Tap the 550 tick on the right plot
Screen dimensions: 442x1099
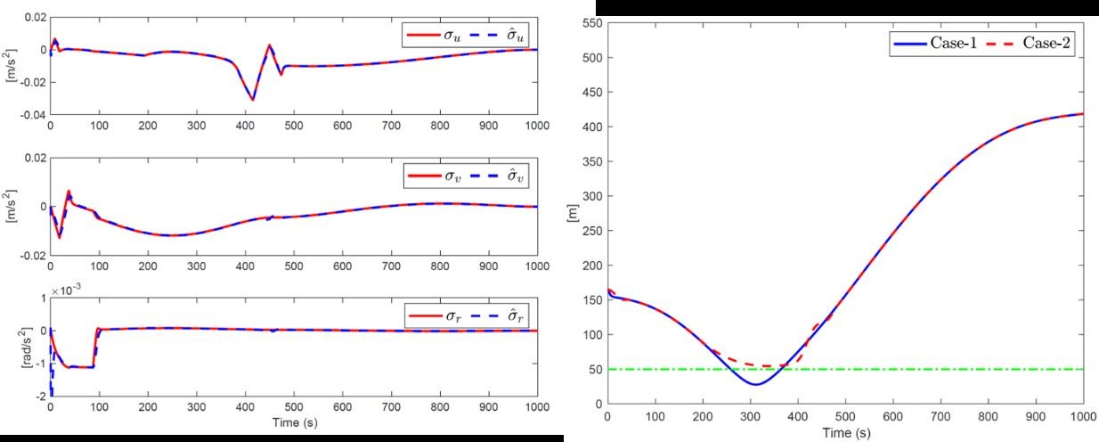click(x=591, y=23)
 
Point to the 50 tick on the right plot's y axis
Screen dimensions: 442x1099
click(x=595, y=369)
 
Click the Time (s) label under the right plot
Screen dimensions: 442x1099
click(x=844, y=433)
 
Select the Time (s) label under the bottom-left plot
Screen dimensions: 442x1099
click(x=293, y=422)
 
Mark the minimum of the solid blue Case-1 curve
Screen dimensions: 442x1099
click(x=755, y=384)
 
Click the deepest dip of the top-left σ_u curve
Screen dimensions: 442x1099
click(x=252, y=100)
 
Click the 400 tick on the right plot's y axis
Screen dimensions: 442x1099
click(x=591, y=127)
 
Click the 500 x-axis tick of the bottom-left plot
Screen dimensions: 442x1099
click(x=293, y=407)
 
